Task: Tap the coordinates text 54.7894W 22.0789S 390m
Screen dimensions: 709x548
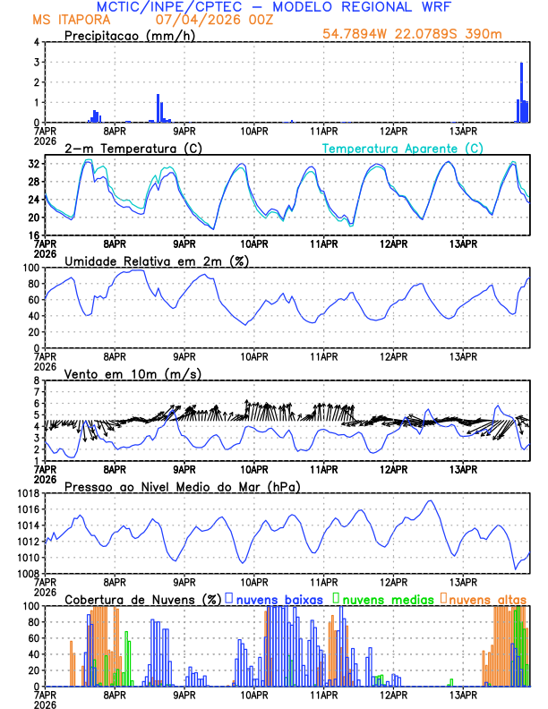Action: (x=425, y=34)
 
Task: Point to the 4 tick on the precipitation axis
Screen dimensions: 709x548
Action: (x=36, y=42)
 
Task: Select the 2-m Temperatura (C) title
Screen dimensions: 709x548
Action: (x=129, y=148)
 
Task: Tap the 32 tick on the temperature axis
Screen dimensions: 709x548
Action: (x=33, y=165)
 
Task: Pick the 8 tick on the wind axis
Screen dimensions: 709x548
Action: (x=36, y=380)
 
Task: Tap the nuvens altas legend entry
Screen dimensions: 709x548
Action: (x=484, y=598)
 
